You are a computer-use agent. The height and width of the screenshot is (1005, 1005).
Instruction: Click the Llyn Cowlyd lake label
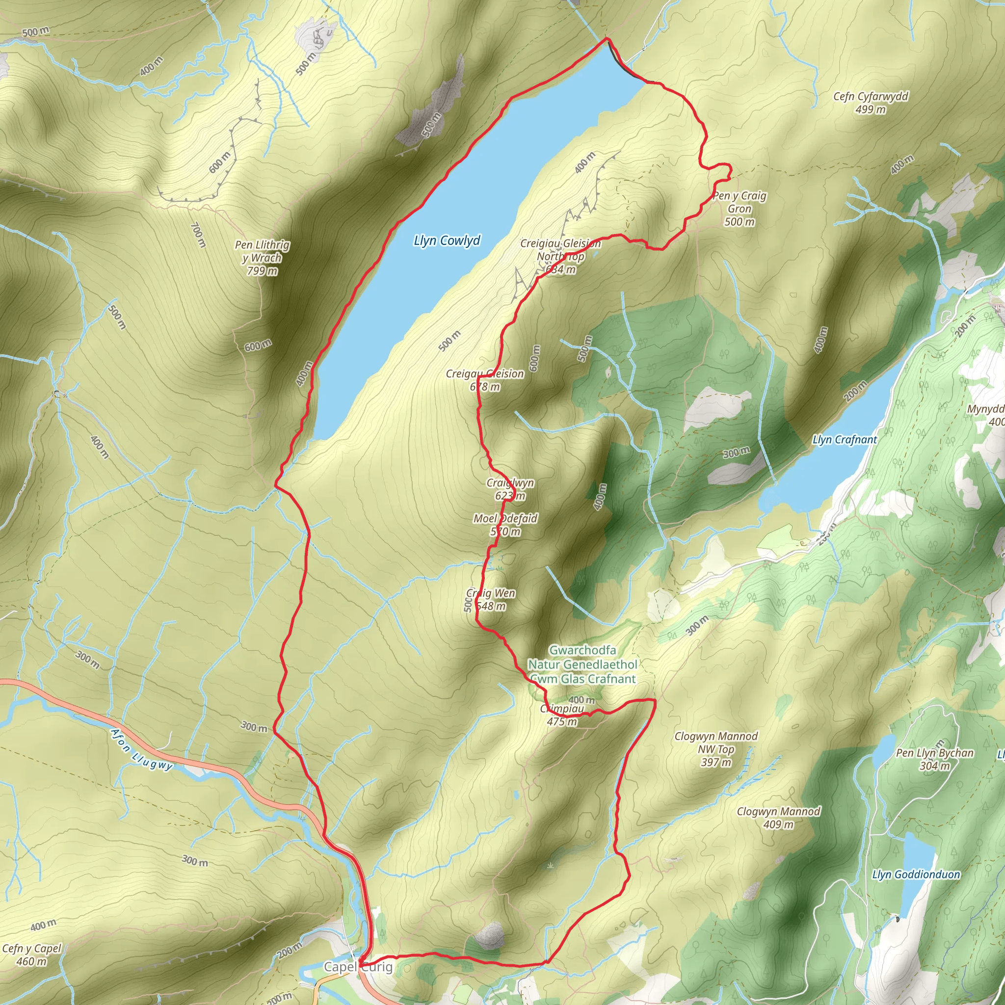(x=447, y=241)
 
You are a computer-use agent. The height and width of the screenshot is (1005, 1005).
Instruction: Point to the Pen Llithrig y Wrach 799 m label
(x=262, y=258)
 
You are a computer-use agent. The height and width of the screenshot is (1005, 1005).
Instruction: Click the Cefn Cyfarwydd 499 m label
(x=870, y=103)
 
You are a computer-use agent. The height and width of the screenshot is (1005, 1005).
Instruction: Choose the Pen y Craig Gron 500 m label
(x=739, y=209)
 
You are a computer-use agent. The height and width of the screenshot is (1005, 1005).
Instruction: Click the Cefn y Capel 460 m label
(x=32, y=954)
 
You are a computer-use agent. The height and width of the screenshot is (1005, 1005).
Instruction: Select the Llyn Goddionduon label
(x=916, y=874)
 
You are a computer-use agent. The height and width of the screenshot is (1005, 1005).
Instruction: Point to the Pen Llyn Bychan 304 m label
(x=934, y=760)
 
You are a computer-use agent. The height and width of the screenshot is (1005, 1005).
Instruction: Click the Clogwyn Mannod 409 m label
(x=778, y=818)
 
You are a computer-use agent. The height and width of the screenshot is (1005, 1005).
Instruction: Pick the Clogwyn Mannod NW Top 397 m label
(x=716, y=749)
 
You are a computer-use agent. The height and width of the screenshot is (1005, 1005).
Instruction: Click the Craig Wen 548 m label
(x=491, y=599)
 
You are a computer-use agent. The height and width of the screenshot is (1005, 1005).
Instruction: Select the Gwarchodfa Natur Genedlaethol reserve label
(x=582, y=664)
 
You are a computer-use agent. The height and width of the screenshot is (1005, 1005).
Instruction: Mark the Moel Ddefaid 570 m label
(x=505, y=525)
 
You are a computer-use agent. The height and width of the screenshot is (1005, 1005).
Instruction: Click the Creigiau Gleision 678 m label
(x=485, y=380)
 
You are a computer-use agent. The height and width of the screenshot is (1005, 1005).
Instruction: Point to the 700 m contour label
(x=197, y=235)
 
